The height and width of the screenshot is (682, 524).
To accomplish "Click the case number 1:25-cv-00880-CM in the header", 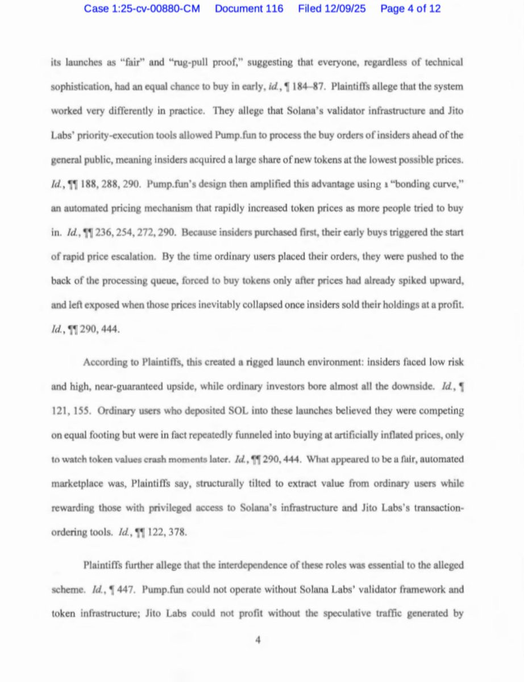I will pos(142,9).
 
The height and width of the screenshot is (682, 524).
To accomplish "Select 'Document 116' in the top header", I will pos(249,9).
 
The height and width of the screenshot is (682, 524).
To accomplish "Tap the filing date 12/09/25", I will pos(332,9).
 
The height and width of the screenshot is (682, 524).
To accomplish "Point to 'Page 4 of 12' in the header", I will pos(410,9).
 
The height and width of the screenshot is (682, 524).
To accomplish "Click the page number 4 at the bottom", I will pos(257,640).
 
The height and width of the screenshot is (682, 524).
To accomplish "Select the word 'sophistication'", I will pos(77,86).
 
